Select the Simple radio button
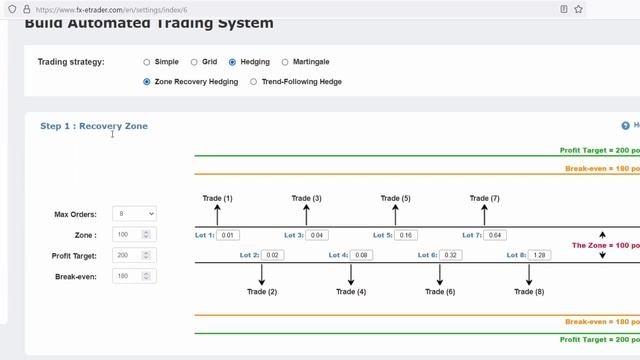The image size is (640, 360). [x=147, y=62]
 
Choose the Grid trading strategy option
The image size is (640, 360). [x=194, y=62]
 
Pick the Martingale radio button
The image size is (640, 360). [x=285, y=62]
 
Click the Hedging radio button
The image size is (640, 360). [x=233, y=62]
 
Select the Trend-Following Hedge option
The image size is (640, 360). [x=253, y=82]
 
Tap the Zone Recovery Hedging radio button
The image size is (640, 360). [x=147, y=82]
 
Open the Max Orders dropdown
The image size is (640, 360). [x=134, y=214]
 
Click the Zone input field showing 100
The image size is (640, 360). [x=128, y=235]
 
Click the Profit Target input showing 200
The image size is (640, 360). [x=128, y=255]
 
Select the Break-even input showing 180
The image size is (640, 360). [x=128, y=276]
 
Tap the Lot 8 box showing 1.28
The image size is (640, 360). [x=539, y=255]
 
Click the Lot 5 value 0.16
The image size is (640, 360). [x=406, y=235]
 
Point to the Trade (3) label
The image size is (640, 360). [x=306, y=198]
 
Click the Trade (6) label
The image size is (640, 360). [x=440, y=292]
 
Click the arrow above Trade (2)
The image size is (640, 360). [x=262, y=274]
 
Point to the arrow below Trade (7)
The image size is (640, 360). [x=484, y=214]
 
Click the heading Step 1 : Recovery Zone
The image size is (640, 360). [x=94, y=126]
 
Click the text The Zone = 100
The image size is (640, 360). [x=604, y=245]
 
